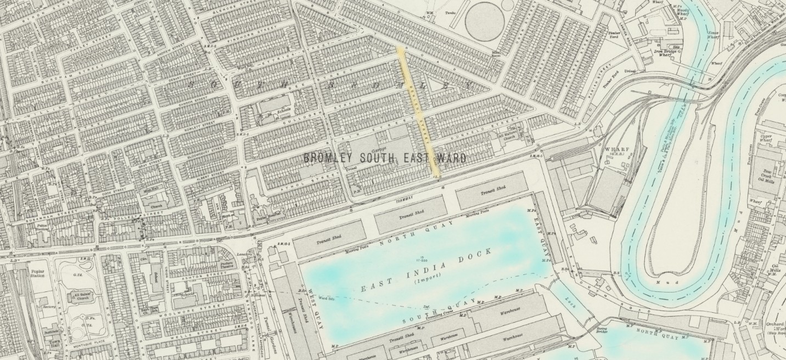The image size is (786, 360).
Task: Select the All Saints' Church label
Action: click(80, 297)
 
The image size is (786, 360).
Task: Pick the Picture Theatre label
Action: click(227, 265)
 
